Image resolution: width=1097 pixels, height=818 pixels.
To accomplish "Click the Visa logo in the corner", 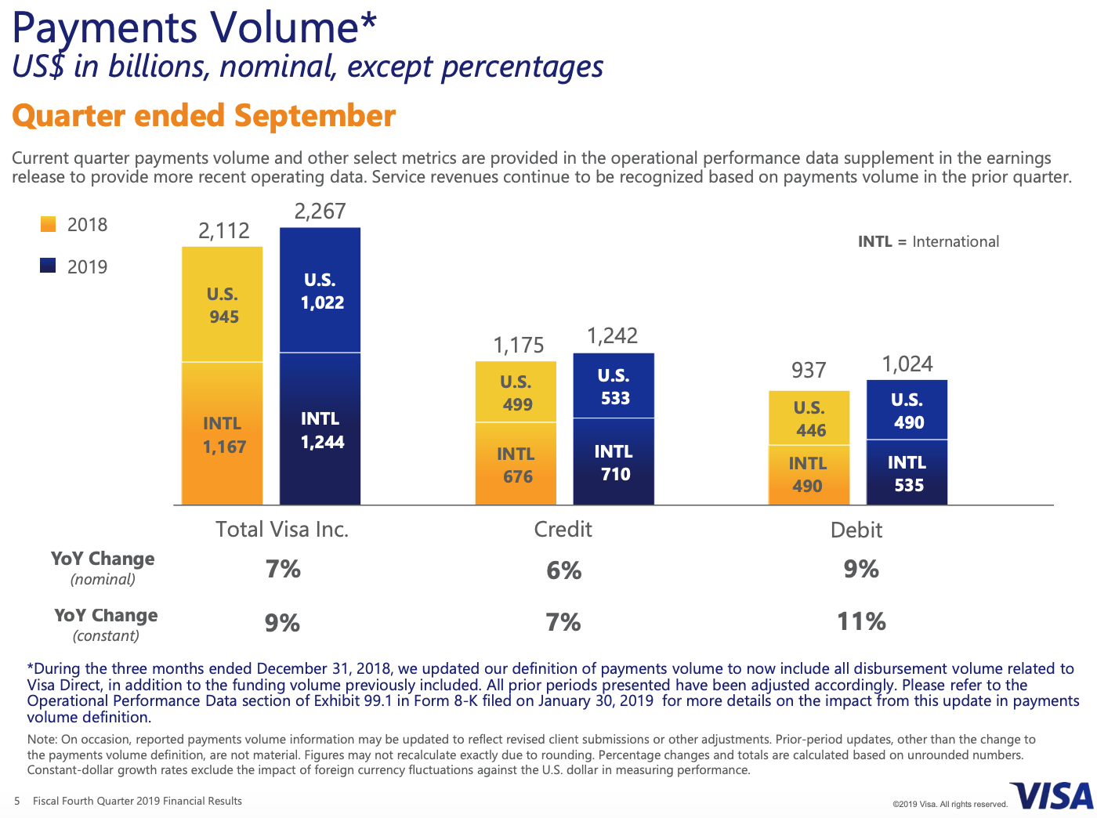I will (1052, 796).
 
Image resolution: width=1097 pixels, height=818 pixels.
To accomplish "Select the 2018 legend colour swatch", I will (48, 224).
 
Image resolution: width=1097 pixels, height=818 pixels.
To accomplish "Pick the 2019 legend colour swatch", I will (48, 266).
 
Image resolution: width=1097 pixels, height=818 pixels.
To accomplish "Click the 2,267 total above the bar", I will (320, 212).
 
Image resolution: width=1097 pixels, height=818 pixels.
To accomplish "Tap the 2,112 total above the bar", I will (223, 230).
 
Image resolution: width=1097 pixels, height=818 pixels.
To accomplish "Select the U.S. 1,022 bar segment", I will (320, 291).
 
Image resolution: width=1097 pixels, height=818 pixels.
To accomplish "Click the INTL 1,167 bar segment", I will (223, 434).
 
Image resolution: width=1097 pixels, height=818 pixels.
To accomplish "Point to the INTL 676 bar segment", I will (516, 465).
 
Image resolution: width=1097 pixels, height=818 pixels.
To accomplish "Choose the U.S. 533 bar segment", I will (614, 386).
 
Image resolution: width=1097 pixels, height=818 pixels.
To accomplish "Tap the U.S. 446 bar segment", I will (809, 418).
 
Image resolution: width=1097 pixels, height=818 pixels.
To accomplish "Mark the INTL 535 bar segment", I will (907, 473).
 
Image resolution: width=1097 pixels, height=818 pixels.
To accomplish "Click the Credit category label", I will (563, 530).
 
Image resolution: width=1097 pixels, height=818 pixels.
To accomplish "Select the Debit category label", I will (856, 530).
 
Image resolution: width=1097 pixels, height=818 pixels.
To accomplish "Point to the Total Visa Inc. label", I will (282, 530).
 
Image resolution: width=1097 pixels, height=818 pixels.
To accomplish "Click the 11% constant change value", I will (861, 622).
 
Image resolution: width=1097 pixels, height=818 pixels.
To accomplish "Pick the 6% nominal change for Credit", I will (564, 570).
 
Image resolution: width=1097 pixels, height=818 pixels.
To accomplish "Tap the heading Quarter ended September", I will (204, 116).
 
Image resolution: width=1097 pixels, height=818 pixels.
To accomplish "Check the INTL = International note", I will (929, 241).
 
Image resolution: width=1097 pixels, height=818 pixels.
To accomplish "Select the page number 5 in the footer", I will (17, 801).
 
